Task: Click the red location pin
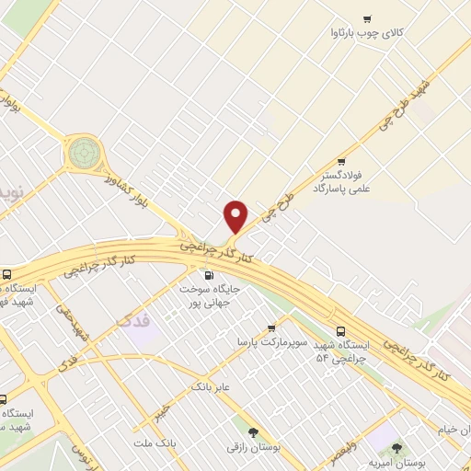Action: click(x=236, y=216)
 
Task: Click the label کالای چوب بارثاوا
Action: click(x=368, y=34)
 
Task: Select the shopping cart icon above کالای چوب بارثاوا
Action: click(x=368, y=18)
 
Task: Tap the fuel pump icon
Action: click(x=208, y=275)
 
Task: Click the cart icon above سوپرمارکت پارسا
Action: click(x=270, y=327)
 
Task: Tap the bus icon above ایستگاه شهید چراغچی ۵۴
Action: click(x=341, y=331)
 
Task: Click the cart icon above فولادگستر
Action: click(x=342, y=161)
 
